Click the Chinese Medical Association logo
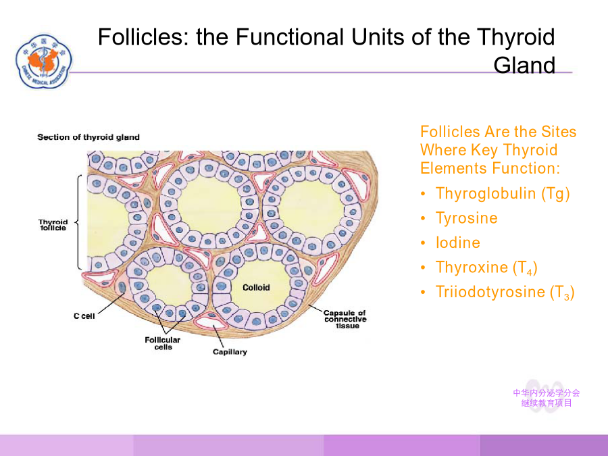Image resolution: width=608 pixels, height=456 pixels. [x=44, y=61]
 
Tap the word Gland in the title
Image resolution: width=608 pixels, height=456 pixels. [x=524, y=65]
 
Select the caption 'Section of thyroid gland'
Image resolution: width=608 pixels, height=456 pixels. [x=88, y=137]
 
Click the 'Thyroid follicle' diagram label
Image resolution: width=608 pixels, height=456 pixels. [x=53, y=225]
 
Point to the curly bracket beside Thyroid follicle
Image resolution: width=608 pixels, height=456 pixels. [x=78, y=222]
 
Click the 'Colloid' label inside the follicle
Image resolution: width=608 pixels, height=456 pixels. [x=256, y=287]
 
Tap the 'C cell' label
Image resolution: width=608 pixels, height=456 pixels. [x=84, y=316]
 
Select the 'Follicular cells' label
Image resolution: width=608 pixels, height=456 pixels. [x=162, y=343]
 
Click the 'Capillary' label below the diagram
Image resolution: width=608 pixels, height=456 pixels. [x=230, y=352]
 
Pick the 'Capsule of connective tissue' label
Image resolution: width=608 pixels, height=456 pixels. [x=345, y=319]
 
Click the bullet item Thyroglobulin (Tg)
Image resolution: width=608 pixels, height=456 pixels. [x=503, y=193]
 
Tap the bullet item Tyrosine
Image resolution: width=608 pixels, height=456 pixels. [x=466, y=218]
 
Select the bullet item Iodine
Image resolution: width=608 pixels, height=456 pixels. [x=458, y=243]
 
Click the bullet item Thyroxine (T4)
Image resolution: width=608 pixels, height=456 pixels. [x=486, y=268]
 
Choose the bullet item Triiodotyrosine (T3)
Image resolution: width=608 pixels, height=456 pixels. [x=505, y=293]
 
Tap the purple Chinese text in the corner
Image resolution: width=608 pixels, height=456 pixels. [x=547, y=398]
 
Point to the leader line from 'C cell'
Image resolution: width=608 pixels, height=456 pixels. [x=111, y=303]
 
